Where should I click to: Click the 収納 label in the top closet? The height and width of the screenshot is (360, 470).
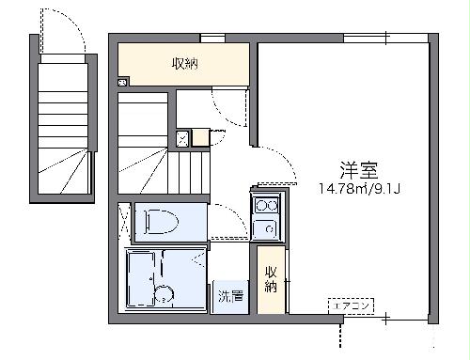(x=184, y=64)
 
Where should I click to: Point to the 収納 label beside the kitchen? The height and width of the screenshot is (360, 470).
(x=271, y=279)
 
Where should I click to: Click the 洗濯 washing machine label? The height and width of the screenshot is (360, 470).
(x=229, y=295)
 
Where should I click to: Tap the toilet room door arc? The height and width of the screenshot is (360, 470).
(x=222, y=222)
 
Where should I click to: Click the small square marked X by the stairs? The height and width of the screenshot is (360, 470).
(x=184, y=139)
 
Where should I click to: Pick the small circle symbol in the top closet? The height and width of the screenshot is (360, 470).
(x=123, y=83)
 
